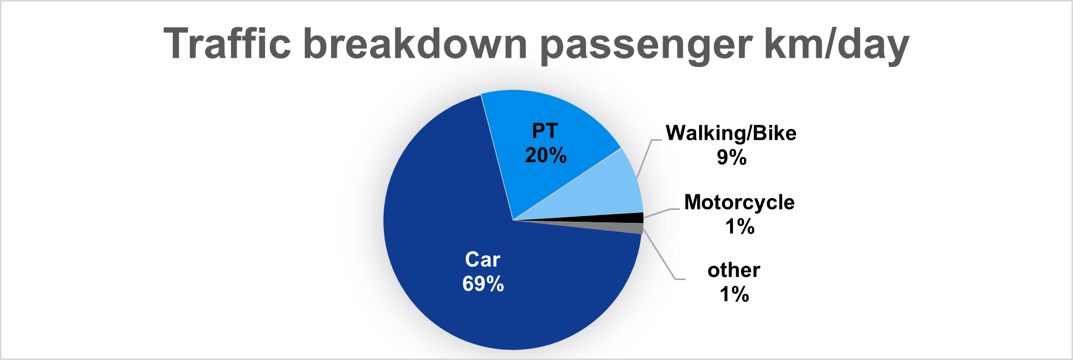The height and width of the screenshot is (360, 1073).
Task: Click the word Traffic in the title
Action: point(227,43)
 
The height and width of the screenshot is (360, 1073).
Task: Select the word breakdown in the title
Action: point(415,43)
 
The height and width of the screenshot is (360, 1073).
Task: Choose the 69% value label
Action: point(483,284)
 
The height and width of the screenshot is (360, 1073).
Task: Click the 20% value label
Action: point(546,155)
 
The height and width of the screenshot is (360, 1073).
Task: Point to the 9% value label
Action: point(732,157)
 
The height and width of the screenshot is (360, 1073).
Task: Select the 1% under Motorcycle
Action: point(740,226)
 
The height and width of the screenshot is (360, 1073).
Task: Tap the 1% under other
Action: point(734,294)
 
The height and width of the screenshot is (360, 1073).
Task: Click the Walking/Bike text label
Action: point(731,134)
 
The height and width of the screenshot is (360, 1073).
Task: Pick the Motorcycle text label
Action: point(739,203)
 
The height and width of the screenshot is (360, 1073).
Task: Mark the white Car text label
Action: point(483,259)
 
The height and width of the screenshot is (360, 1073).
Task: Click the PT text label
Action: point(545,131)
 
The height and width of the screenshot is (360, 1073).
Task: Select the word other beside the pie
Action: point(734,270)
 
